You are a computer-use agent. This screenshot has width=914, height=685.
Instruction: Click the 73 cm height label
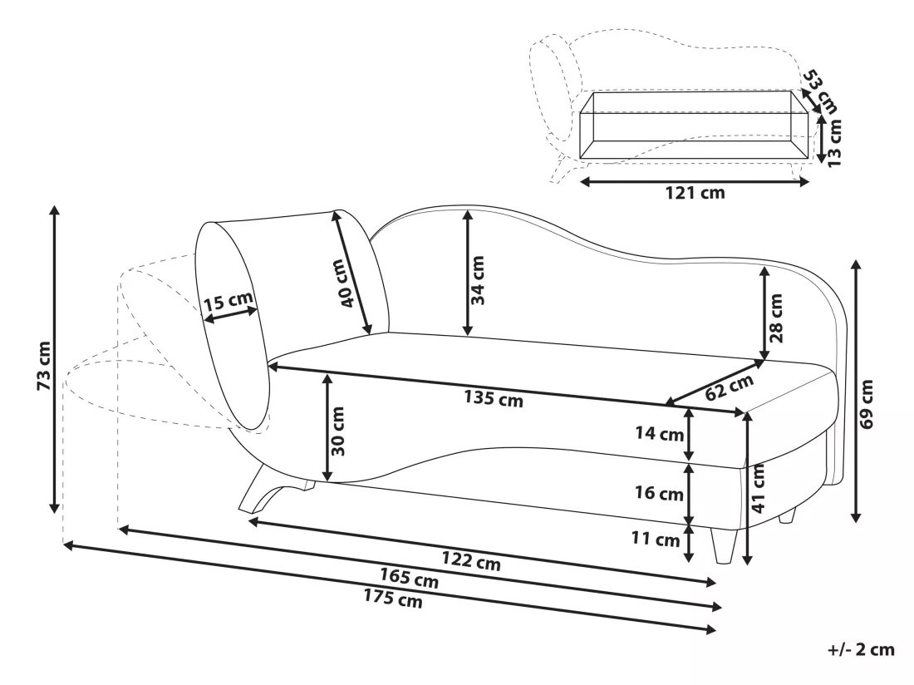45,366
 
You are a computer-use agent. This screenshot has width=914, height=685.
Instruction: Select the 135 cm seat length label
493,399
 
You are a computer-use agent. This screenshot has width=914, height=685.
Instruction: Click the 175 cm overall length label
393,599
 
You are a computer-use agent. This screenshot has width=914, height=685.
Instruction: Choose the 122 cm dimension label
471,560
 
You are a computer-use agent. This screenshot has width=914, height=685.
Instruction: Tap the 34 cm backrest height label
478,280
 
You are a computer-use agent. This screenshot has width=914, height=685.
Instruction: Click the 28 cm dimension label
776,318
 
